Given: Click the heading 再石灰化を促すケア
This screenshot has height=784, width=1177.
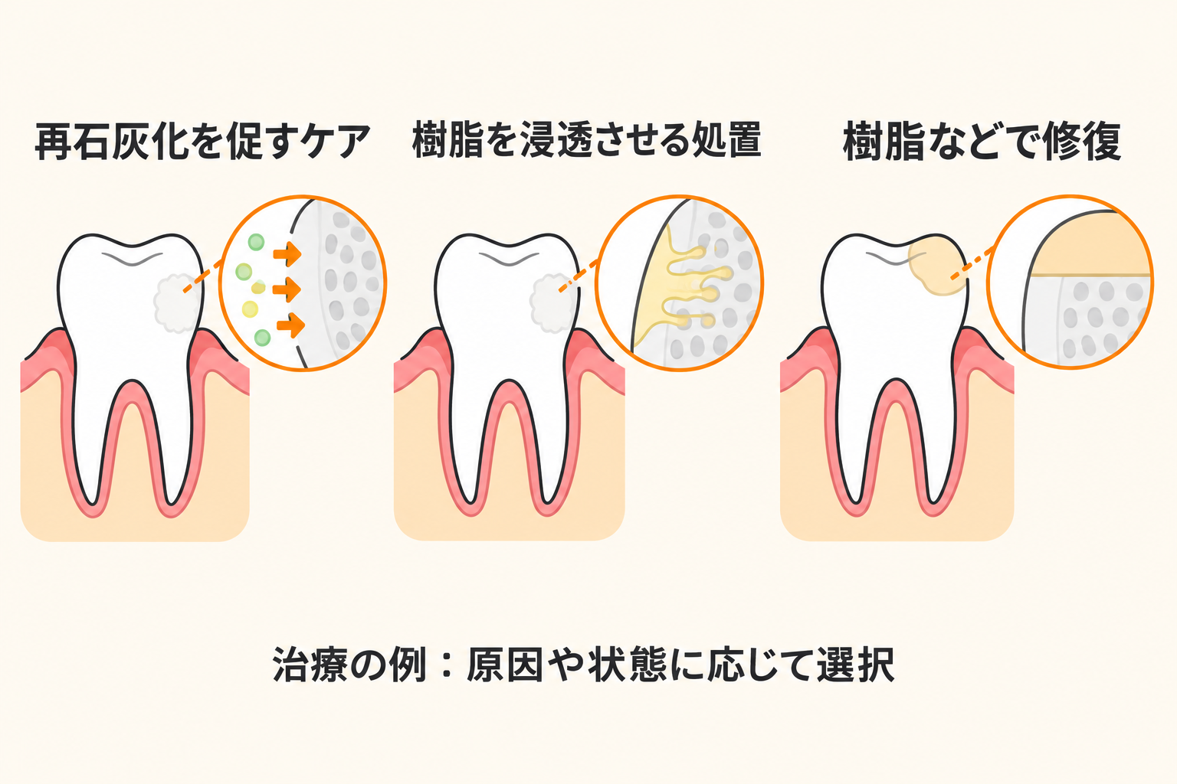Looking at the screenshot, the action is point(203,141).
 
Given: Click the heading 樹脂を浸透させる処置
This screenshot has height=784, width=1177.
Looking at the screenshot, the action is point(587,140).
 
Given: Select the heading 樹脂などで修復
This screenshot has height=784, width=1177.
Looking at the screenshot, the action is point(982,141).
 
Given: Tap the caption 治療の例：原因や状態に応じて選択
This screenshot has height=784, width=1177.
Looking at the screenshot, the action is point(583,665).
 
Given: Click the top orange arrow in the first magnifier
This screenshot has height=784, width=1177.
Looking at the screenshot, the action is point(287,255).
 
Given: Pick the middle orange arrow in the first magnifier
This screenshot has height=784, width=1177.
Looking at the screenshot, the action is point(287,289).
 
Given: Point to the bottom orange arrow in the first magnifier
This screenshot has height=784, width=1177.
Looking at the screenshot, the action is point(290,325).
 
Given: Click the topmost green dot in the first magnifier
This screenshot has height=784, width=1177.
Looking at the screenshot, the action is point(256,243).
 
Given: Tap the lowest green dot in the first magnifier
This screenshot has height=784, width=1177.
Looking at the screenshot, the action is point(262,338).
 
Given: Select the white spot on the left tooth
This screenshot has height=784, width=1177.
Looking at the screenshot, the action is point(176,303).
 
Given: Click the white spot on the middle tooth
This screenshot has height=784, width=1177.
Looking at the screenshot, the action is point(552,303).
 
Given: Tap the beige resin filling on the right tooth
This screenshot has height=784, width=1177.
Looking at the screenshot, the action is point(936,265).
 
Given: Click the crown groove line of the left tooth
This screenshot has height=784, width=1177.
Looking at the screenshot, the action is point(133,259).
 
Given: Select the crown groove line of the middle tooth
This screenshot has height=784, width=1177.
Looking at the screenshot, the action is point(509,259).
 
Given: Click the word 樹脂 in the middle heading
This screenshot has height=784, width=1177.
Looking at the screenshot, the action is point(448,140).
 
